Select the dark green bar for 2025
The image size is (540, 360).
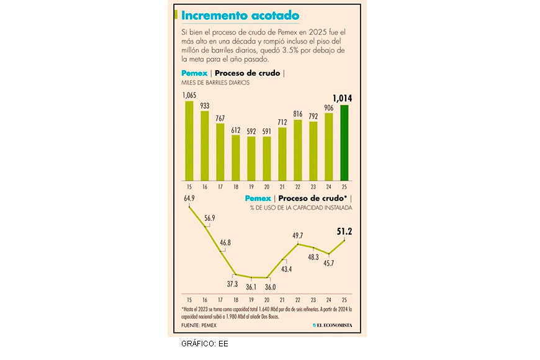[344, 142]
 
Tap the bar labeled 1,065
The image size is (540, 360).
[189, 140]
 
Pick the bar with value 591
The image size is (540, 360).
[267, 158]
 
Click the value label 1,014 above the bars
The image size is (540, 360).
[344, 98]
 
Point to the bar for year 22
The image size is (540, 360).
[298, 149]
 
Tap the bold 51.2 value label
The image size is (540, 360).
[344, 231]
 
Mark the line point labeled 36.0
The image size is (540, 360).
[267, 277]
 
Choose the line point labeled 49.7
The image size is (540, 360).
[298, 243]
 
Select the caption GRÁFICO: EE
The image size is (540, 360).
[205, 343]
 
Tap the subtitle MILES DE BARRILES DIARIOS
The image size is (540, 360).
[215, 83]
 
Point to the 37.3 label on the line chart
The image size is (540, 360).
[232, 284]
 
